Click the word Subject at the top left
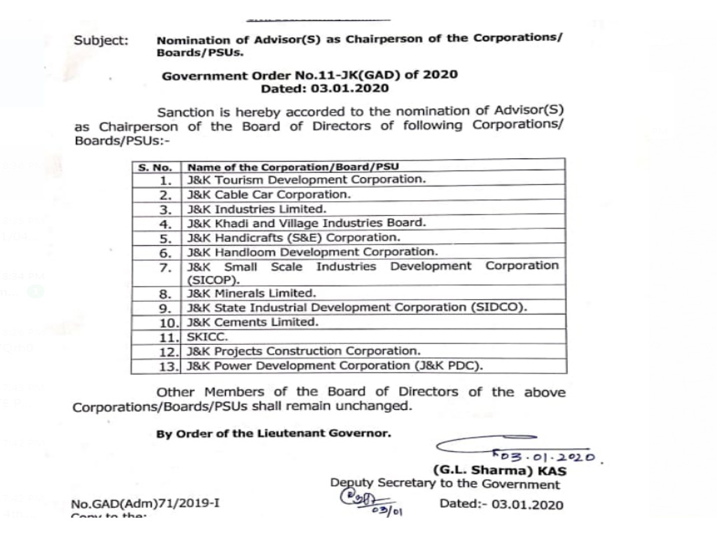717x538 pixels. pos(101,41)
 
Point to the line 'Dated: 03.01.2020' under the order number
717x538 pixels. pos(324,89)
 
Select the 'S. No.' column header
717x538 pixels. pos(155,167)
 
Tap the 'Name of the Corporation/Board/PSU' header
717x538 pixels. pos(298,167)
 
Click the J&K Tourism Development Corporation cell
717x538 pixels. pos(305,179)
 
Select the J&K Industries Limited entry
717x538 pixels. pos(256,209)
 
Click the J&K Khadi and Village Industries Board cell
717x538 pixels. pos(306,223)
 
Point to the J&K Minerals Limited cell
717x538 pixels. pos(251,294)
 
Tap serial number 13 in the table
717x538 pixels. pos(169,366)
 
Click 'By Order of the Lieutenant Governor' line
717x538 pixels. pos(274,433)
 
